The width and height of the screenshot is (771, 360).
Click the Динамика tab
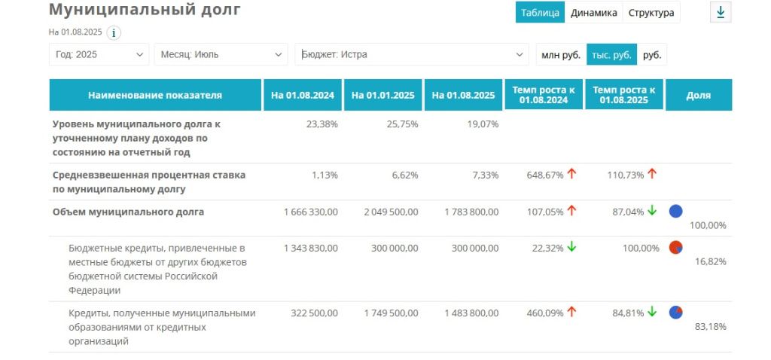tap(594, 13)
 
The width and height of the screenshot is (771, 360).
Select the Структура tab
tap(651, 13)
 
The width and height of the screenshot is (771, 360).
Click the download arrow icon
tap(721, 13)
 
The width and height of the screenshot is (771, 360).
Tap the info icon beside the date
tap(114, 32)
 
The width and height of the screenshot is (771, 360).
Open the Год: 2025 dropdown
tap(99, 54)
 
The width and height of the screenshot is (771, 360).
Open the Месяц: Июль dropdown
tap(221, 54)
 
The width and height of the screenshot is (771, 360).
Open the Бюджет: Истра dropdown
tap(411, 54)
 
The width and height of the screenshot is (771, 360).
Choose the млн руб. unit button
tap(560, 54)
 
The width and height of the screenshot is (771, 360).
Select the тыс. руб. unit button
tap(611, 54)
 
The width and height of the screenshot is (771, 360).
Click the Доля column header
tap(698, 95)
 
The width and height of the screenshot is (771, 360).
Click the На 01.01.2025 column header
tap(383, 95)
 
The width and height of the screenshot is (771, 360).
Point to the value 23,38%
tap(322, 124)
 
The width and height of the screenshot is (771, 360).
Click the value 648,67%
tap(544, 175)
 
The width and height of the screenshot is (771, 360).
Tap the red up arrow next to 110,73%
tap(651, 174)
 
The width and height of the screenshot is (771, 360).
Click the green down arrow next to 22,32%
tap(571, 247)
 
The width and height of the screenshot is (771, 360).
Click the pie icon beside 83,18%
tap(675, 312)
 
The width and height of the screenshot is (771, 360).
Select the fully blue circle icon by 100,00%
tap(675, 211)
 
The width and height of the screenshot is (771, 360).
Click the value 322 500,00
tap(312, 313)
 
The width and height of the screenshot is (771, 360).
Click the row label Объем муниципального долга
tap(128, 212)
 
